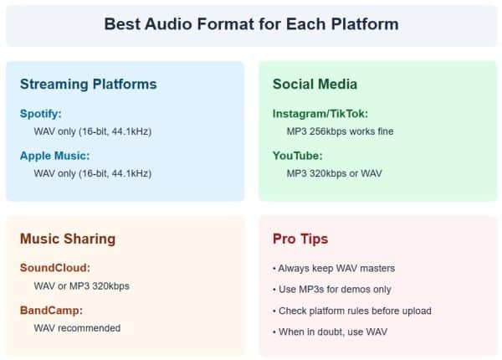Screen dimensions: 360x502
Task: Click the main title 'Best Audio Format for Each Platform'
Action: [x=251, y=23]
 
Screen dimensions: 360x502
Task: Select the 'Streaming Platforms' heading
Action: [x=88, y=84]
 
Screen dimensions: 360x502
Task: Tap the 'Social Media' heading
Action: [x=315, y=84]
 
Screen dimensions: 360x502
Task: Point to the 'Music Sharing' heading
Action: [x=68, y=239]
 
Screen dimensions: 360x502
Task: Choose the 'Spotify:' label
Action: [x=41, y=113]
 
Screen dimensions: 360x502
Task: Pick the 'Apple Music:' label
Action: [x=55, y=155]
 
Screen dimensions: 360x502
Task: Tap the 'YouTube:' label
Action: [x=297, y=155]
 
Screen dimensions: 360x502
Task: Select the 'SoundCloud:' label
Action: [x=54, y=268]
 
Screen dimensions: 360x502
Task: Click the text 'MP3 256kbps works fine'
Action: [x=340, y=131]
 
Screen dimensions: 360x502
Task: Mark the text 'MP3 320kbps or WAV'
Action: [x=332, y=173]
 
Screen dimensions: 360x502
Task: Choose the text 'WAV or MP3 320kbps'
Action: [x=81, y=286]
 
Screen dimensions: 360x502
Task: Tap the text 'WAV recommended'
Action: [x=77, y=328]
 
